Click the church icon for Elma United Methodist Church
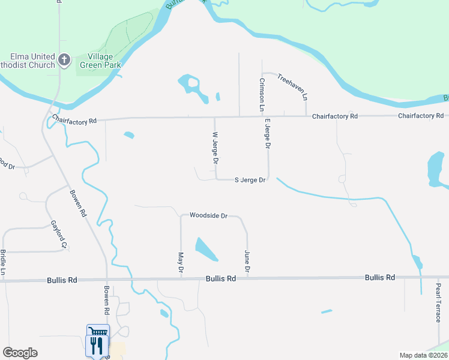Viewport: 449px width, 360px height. click(65, 60)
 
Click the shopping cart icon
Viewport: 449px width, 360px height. click(98, 332)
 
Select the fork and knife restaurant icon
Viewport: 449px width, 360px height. click(97, 346)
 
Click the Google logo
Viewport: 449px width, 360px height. click(20, 353)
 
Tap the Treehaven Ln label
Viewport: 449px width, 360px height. click(293, 86)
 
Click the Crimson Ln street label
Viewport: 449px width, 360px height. click(262, 95)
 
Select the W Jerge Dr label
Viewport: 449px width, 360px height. click(214, 148)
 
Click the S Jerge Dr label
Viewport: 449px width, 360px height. click(250, 179)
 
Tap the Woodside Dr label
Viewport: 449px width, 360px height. click(208, 215)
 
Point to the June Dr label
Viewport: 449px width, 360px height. click(247, 263)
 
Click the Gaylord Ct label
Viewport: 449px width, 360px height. click(58, 233)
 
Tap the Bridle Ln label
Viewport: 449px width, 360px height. click(4, 262)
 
